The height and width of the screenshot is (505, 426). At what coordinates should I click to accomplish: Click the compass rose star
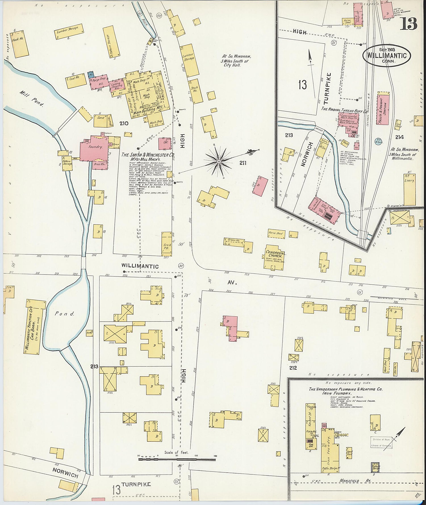click(x=219, y=161)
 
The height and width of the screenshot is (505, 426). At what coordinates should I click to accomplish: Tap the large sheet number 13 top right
click(x=409, y=24)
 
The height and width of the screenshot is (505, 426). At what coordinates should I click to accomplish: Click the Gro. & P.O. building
click(x=167, y=245)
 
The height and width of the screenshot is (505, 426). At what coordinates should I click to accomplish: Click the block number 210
click(x=124, y=123)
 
